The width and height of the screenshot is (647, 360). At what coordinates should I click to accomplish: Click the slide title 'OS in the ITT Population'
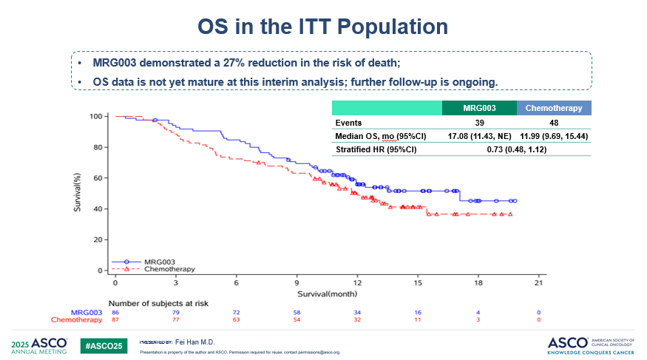click(x=323, y=27)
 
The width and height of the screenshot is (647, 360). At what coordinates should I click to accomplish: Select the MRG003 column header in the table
click(x=478, y=108)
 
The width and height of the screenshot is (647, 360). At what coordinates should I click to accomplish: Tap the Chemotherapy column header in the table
click(x=554, y=108)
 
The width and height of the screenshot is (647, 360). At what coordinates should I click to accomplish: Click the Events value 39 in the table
click(x=478, y=122)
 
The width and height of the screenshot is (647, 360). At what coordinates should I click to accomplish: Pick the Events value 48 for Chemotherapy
click(x=554, y=122)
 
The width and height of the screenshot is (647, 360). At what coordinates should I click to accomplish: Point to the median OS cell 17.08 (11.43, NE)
click(x=478, y=136)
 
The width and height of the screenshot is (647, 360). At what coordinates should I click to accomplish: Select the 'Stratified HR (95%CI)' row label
click(x=376, y=149)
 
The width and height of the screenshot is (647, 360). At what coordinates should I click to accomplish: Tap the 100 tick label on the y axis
click(x=95, y=117)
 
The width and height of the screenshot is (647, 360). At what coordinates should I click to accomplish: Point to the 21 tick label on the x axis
click(x=538, y=283)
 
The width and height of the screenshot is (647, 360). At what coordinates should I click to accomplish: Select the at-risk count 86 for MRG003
click(x=115, y=313)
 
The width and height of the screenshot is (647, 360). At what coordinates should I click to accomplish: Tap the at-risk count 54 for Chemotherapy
click(x=297, y=320)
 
